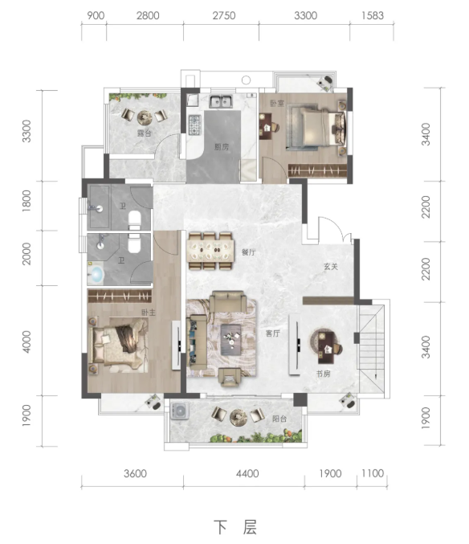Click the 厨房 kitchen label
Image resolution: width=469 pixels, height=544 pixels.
click(x=221, y=147)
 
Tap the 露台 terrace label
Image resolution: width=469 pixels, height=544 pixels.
click(x=145, y=133)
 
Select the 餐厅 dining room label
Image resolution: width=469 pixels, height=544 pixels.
click(x=248, y=252)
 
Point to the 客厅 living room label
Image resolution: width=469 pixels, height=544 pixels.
click(x=273, y=333)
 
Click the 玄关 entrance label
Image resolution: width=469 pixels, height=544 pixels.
click(x=331, y=267)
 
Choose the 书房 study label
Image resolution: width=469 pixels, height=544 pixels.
click(x=323, y=374)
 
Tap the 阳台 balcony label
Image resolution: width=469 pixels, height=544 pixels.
click(x=279, y=419)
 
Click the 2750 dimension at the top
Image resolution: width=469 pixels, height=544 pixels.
click(x=224, y=15)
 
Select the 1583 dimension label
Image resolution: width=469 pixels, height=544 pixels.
click(x=373, y=15)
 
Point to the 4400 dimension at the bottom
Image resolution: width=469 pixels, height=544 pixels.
click(x=247, y=473)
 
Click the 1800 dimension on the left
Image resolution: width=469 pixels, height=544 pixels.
click(x=27, y=201)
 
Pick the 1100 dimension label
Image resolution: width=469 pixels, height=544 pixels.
click(x=373, y=473)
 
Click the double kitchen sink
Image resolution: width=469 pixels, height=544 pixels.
click(x=221, y=101)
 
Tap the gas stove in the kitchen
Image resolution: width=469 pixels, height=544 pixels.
click(x=195, y=125)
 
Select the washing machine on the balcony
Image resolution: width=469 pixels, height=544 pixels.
click(x=180, y=411)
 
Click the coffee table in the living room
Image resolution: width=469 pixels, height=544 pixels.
click(x=231, y=340)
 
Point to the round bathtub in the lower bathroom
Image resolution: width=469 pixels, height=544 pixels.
click(x=96, y=274)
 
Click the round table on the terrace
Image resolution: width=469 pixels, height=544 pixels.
click(x=145, y=117)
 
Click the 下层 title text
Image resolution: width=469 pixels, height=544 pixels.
click(x=235, y=528)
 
